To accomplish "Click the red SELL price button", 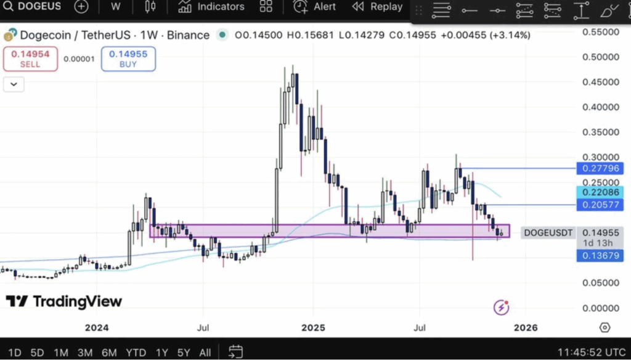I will click(30, 59).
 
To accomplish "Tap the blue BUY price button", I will click(128, 59).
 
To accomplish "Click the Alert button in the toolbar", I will click(315, 7).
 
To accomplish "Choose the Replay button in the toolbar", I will click(377, 7).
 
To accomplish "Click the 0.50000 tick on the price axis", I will click(600, 57).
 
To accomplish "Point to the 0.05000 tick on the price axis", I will click(600, 282).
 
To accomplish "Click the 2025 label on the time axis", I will click(312, 327).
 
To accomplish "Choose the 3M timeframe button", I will click(85, 353).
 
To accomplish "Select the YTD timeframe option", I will click(136, 353).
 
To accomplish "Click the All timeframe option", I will click(205, 353).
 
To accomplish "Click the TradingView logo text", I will click(64, 301).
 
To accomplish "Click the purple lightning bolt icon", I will click(502, 307).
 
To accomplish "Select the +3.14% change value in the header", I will click(510, 35).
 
